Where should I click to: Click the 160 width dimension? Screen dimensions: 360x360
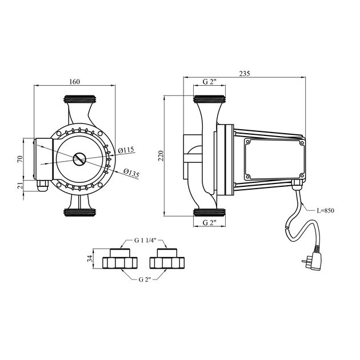pyautogui.click(x=74, y=82)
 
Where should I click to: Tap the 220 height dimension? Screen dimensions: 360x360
pyautogui.click(x=161, y=155)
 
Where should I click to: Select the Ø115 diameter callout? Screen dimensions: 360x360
pyautogui.click(x=125, y=150)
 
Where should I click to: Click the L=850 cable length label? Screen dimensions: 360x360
pyautogui.click(x=324, y=210)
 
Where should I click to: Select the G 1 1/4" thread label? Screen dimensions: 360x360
pyautogui.click(x=146, y=240)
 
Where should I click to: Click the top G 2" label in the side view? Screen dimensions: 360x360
pyautogui.click(x=210, y=83)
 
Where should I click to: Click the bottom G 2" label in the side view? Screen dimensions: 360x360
pyautogui.click(x=210, y=223)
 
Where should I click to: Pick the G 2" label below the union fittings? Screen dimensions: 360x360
pyautogui.click(x=146, y=279)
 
